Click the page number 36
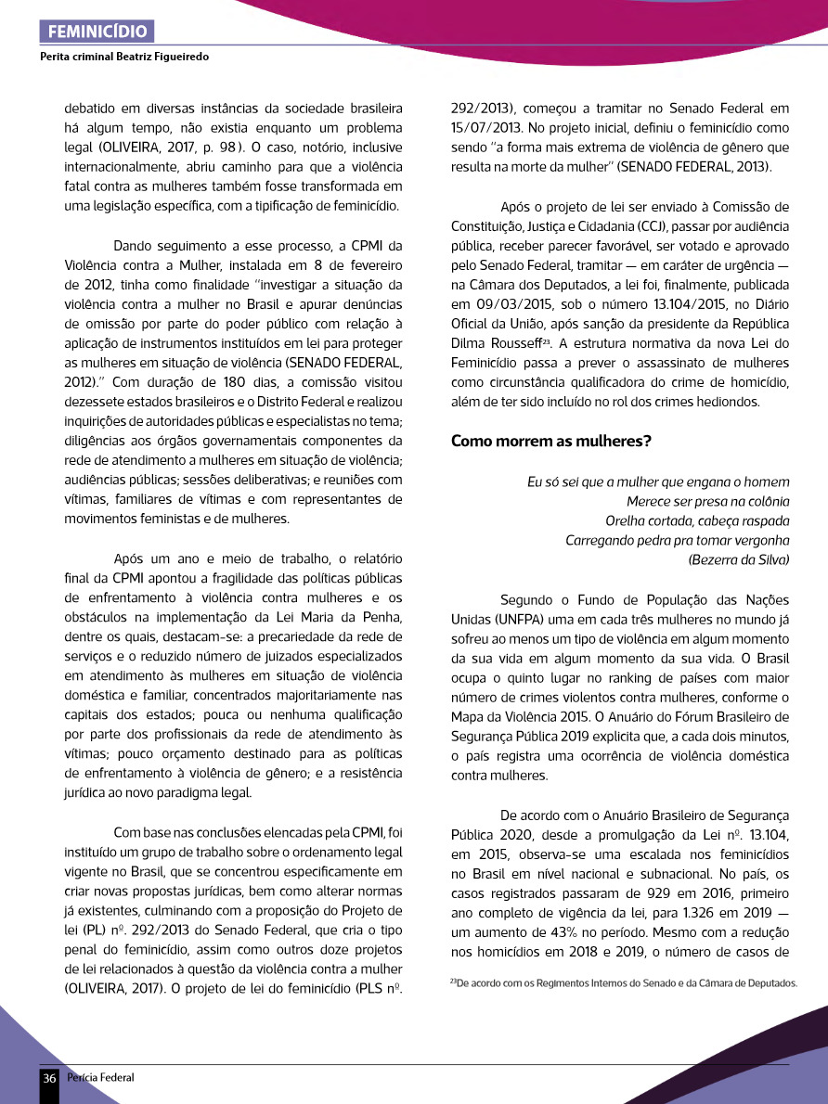[x=49, y=1078]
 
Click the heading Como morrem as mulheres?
[x=551, y=441]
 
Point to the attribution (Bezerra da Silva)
[x=739, y=559]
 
